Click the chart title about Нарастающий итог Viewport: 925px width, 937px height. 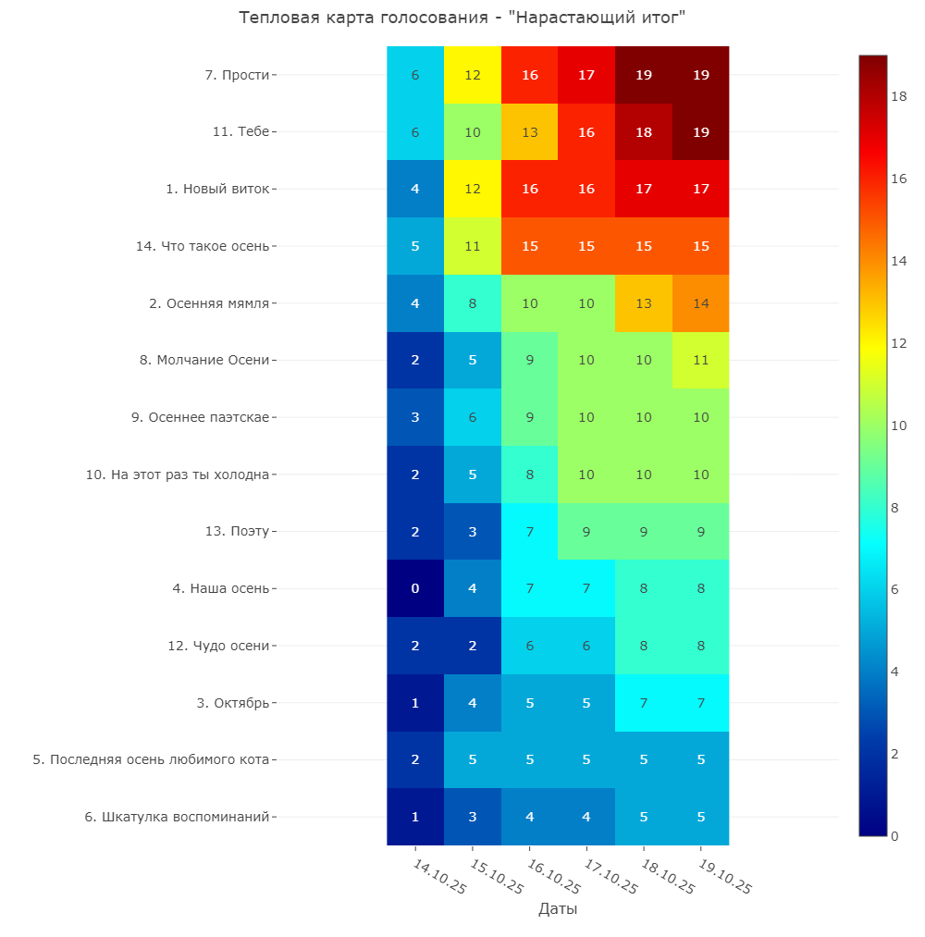tap(462, 18)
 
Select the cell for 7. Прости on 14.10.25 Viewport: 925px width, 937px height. tap(415, 75)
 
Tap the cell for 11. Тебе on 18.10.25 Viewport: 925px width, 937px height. tap(644, 132)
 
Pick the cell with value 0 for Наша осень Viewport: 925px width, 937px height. tap(415, 588)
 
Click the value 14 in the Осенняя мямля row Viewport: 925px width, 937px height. tap(701, 303)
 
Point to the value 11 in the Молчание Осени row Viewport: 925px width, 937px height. tap(701, 361)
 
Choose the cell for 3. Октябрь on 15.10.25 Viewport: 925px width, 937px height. tap(473, 703)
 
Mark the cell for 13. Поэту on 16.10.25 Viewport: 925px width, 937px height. tap(529, 531)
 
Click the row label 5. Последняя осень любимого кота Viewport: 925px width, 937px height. tap(151, 759)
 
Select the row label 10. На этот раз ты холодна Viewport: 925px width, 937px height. tap(178, 475)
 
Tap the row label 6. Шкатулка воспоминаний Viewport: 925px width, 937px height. tap(177, 817)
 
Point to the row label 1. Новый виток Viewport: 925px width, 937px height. tap(217, 189)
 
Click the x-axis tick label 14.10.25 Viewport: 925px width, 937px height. tap(439, 877)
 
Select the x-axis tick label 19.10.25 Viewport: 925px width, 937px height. tap(725, 877)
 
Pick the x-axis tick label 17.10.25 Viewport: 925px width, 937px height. tap(610, 877)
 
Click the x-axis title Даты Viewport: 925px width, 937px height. tap(558, 909)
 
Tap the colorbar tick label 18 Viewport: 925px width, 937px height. tap(899, 96)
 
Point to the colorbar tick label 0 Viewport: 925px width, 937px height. tap(894, 836)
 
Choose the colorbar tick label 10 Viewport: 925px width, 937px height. tap(899, 425)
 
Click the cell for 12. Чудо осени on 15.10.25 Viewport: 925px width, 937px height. tap(473, 646)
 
